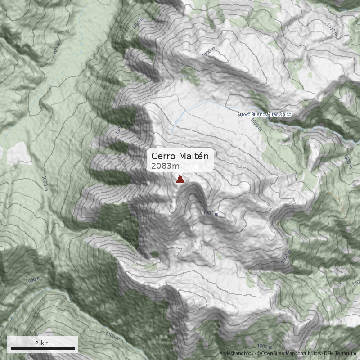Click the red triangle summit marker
pos(180,180)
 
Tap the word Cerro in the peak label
pos(163,156)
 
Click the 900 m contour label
pos(56,50)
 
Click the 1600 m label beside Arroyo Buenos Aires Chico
pos(256,124)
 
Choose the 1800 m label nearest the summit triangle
pos(211,213)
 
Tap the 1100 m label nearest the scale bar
pos(112,336)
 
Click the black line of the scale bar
pos(43,348)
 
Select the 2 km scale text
pos(43,343)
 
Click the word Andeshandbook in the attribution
pos(237,354)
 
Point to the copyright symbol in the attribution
pos(258,354)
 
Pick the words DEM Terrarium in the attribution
pos(340,354)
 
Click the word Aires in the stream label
pos(273,115)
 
